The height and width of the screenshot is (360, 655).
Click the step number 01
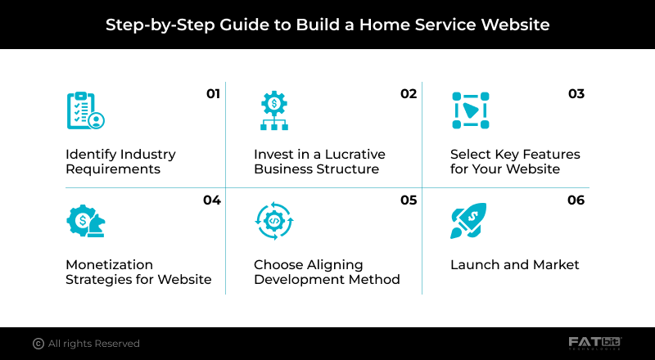[214, 94]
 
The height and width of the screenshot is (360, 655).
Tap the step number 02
[409, 94]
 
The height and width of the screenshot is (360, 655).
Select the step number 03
[576, 94]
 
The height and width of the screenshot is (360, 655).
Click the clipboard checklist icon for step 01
[85, 110]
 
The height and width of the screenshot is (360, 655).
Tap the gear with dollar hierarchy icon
[273, 110]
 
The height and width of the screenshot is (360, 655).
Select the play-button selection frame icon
[470, 110]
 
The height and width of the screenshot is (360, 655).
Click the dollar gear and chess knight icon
[85, 220]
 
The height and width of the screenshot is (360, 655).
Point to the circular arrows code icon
[273, 220]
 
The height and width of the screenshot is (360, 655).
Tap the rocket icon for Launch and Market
[468, 220]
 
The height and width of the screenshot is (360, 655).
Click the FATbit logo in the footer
[595, 343]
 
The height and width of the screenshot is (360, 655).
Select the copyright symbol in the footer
[38, 344]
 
